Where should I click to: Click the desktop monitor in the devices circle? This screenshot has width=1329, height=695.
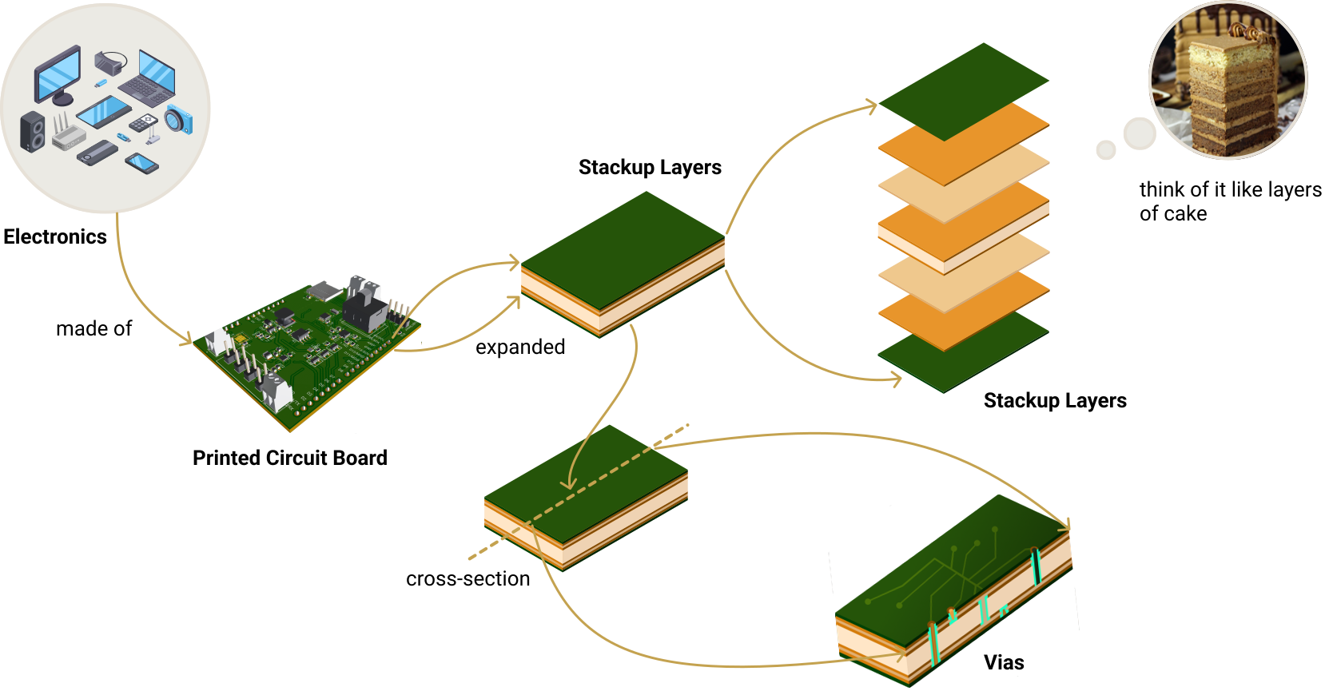[x=58, y=74]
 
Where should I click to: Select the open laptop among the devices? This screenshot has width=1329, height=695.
[x=151, y=78]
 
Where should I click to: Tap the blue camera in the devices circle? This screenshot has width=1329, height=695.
[x=179, y=120]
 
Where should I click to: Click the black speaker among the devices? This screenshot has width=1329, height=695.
[x=33, y=132]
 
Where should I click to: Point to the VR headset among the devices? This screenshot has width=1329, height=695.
[x=110, y=62]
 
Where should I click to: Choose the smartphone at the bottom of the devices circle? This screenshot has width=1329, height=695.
[x=141, y=163]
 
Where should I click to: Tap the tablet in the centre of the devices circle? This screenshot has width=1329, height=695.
[x=104, y=112]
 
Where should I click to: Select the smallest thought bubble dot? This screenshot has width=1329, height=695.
[x=1105, y=150]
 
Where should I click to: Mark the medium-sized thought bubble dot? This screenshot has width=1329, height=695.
[x=1139, y=133]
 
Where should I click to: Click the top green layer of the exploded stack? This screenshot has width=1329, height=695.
[x=964, y=91]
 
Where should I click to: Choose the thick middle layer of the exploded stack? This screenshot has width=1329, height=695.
[x=964, y=228]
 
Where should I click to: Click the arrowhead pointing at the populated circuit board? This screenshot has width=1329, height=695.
[x=185, y=340]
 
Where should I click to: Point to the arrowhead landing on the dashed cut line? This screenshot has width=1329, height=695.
[x=568, y=484]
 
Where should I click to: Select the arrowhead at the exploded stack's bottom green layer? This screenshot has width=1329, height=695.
[x=896, y=380]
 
